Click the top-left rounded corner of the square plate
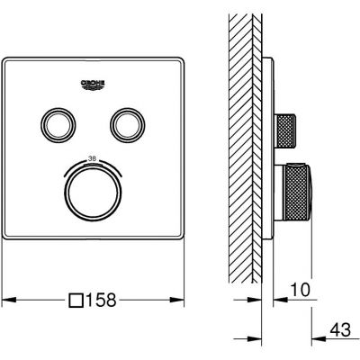coord(8,61)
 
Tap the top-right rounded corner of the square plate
coord(181,61)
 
